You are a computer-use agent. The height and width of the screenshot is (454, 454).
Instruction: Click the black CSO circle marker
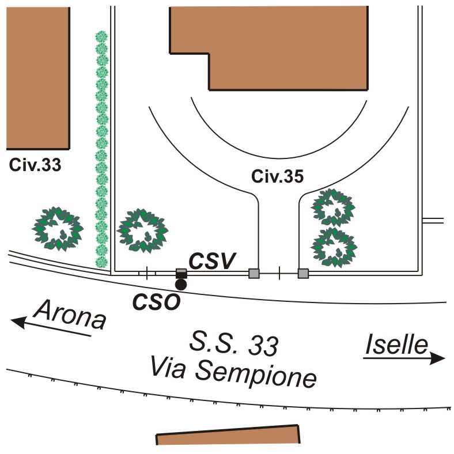coord(181,284)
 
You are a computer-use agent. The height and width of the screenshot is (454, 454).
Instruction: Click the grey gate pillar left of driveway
coord(254,274)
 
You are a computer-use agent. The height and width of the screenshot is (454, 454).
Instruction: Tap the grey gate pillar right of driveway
coord(303,274)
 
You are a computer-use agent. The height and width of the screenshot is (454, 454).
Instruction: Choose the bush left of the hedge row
coord(56,228)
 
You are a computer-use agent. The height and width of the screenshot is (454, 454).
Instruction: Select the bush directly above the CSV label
coord(142,231)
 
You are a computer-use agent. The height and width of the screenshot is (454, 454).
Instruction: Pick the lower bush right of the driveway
coord(332,247)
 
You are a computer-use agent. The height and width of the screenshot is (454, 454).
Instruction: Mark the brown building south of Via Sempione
coord(229,436)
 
